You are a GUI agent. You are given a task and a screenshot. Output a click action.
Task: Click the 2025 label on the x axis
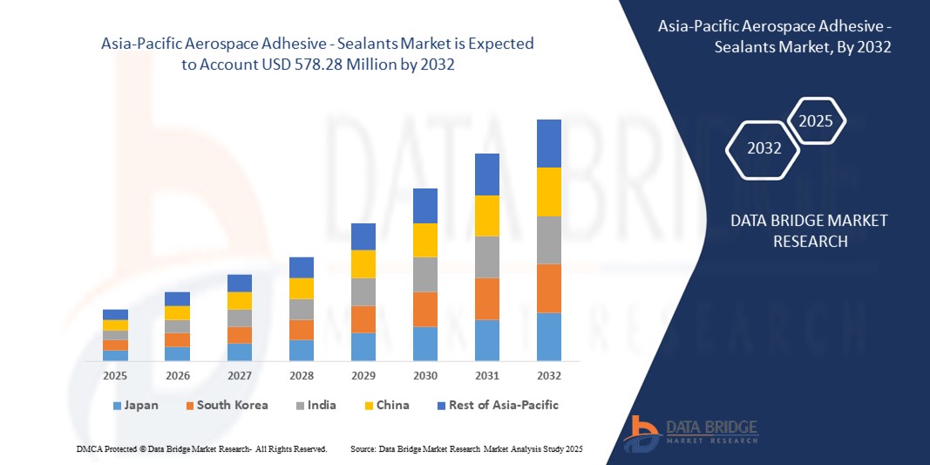coord(115,375)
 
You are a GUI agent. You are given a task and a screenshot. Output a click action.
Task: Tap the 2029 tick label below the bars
coord(363,375)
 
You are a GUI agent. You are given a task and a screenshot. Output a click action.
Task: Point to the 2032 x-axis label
coord(549,375)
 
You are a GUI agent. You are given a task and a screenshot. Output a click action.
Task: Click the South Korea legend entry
coord(225,405)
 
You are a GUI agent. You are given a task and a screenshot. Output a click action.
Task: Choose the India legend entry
coord(316,405)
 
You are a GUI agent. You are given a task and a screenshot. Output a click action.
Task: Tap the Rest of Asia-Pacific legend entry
coord(497,405)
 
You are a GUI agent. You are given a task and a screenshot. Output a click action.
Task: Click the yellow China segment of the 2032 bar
coord(549,192)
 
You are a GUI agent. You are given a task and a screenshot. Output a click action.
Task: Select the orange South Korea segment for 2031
coord(487,298)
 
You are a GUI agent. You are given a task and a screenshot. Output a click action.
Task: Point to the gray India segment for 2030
coord(425,274)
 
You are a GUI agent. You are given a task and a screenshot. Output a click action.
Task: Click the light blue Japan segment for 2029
coord(363,346)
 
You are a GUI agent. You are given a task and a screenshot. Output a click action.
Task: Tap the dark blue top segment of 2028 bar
coord(302,267)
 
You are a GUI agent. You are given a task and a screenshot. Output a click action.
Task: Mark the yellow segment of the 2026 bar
coord(177,312)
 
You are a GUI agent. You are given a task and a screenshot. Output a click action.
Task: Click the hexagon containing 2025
coord(816,121)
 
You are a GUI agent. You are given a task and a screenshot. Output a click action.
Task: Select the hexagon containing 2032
coord(764,148)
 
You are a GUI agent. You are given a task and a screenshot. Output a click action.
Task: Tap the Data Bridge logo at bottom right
coord(691,431)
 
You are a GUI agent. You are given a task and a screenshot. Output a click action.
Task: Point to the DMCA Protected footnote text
coord(201,448)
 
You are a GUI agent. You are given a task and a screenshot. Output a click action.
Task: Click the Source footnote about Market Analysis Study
coord(466,448)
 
